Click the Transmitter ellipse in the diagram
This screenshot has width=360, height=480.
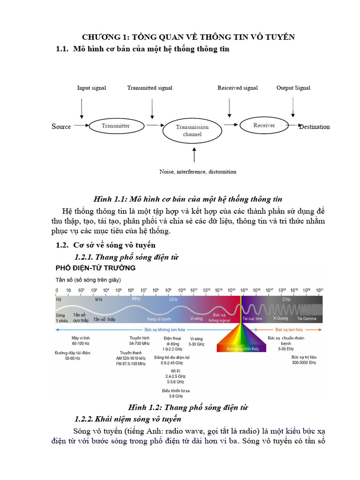[x=116, y=126]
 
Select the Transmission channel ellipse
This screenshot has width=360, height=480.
[x=192, y=130]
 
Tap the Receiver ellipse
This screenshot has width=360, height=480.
[x=264, y=125]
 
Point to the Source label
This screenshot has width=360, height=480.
[x=61, y=127]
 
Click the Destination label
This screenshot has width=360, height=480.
[x=315, y=127]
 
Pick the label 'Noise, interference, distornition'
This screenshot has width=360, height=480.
[x=198, y=172]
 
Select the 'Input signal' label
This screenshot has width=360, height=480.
[x=91, y=88]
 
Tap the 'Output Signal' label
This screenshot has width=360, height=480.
[x=293, y=88]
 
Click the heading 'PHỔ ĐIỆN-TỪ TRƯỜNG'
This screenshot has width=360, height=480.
[x=96, y=268]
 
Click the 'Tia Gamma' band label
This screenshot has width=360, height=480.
[x=307, y=319]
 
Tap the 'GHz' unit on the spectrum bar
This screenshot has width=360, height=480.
[x=173, y=299]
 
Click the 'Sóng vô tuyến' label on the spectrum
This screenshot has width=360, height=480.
[x=159, y=319]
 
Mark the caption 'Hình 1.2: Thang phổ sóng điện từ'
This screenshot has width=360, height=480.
[x=188, y=407]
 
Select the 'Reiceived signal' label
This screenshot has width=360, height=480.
[x=238, y=88]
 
